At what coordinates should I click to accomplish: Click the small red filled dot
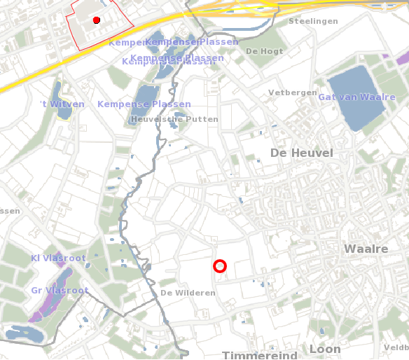[97, 20]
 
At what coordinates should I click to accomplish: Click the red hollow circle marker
[220, 266]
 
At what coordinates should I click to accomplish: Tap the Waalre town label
[366, 249]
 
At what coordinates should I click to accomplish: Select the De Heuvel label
[302, 153]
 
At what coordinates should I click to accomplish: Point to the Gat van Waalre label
[356, 97]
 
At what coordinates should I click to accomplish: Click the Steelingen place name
[313, 22]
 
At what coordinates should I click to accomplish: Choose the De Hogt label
[265, 52]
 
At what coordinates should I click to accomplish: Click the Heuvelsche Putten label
[174, 119]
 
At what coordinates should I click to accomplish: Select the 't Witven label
[62, 104]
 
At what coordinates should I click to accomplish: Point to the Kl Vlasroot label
[57, 258]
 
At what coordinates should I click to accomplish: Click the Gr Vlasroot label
[60, 291]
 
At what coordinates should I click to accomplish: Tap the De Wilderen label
[188, 293]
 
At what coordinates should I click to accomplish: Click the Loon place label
[325, 349]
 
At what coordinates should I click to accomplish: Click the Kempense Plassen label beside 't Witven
[144, 104]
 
